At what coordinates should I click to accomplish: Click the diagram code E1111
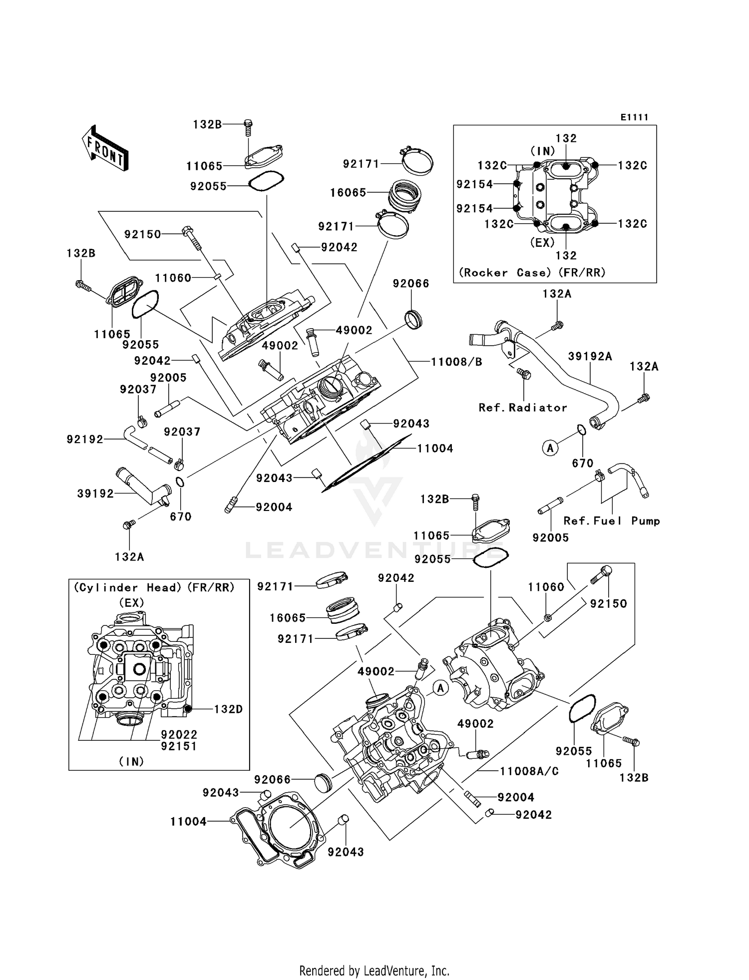634,117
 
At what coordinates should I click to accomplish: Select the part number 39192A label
590,356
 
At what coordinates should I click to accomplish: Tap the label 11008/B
456,362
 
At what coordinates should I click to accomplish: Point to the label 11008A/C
529,771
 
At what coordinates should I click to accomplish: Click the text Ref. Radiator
523,408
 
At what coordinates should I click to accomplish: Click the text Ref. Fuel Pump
612,521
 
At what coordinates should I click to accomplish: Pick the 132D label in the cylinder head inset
228,709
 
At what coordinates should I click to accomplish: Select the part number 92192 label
85,440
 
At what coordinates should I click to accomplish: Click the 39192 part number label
95,493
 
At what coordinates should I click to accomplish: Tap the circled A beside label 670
550,448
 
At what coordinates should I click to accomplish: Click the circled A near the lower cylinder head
440,688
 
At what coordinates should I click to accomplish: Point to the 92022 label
179,735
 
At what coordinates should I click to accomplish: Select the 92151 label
179,746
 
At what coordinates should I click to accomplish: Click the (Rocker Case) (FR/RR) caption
532,273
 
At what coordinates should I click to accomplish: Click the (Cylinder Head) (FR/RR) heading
154,588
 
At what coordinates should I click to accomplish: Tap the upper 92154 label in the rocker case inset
474,184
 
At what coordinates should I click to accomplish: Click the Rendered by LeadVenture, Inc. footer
374,971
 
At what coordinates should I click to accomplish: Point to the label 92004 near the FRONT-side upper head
274,507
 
